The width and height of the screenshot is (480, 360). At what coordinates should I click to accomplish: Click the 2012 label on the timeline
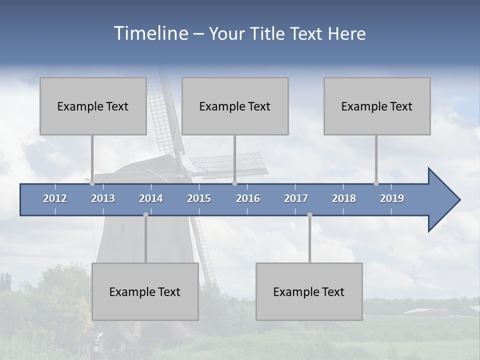(x=55, y=198)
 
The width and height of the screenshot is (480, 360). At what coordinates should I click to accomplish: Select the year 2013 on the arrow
(x=103, y=198)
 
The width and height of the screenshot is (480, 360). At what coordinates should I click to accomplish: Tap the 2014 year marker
(x=151, y=198)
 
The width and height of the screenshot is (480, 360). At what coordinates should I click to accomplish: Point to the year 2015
(x=199, y=198)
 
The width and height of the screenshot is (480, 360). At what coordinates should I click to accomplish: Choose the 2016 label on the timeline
(x=248, y=198)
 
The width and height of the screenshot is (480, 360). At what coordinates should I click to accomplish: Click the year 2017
(x=296, y=198)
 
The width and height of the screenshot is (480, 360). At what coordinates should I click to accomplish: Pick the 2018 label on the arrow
(x=344, y=198)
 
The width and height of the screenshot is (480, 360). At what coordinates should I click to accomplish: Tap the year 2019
(x=392, y=198)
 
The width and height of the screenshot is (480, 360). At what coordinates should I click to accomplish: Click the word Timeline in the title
(x=150, y=33)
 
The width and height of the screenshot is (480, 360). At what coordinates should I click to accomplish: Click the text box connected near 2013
(x=93, y=106)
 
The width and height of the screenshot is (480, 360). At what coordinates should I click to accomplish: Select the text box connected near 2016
(x=235, y=106)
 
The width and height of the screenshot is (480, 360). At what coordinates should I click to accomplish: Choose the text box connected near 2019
(x=377, y=106)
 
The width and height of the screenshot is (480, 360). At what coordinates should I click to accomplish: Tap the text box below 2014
(x=145, y=291)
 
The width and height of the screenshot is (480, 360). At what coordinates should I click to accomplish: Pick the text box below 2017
(x=309, y=291)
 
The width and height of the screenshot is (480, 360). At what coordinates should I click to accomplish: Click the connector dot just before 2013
(x=92, y=183)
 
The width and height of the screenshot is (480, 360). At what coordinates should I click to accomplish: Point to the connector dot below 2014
(x=145, y=215)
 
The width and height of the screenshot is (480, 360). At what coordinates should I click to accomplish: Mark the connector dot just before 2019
(x=376, y=183)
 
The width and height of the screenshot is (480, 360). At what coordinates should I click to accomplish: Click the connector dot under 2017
(x=309, y=215)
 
